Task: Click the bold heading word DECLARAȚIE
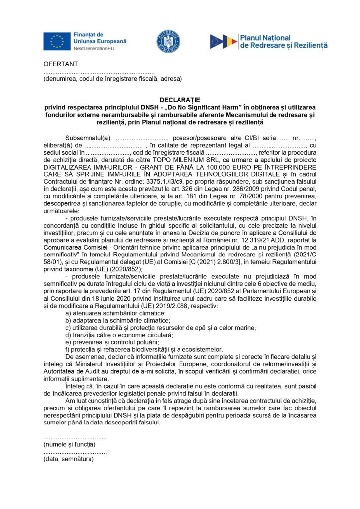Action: [x=180, y=100]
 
